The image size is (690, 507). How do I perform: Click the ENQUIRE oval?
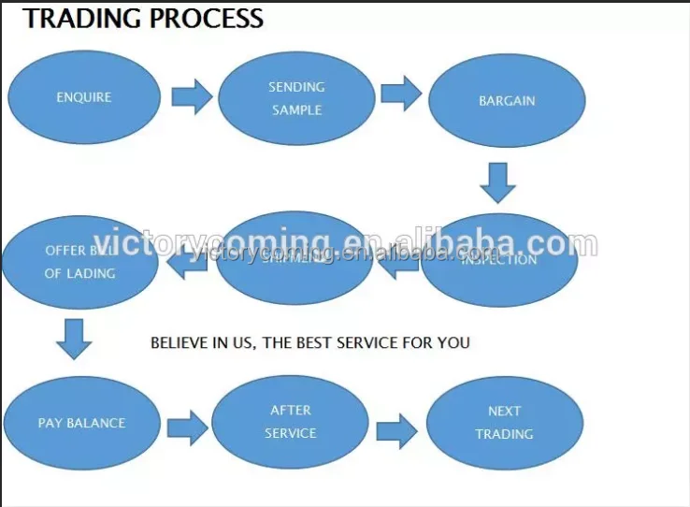[84, 97]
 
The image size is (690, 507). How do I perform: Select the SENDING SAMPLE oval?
[296, 98]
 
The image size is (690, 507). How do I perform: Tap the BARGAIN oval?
[507, 100]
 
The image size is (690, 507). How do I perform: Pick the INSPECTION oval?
[499, 259]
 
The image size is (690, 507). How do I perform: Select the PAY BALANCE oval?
[81, 423]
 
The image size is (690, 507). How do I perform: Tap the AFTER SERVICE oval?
[291, 422]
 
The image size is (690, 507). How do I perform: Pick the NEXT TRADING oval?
[505, 423]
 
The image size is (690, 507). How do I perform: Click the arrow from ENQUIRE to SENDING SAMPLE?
[192, 96]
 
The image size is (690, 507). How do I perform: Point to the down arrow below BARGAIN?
[498, 182]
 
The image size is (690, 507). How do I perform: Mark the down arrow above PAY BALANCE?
[74, 339]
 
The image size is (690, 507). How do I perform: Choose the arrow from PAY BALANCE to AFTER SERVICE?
[187, 427]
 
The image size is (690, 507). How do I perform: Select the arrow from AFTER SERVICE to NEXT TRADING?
[396, 431]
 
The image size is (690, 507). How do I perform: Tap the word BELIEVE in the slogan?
[178, 342]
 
